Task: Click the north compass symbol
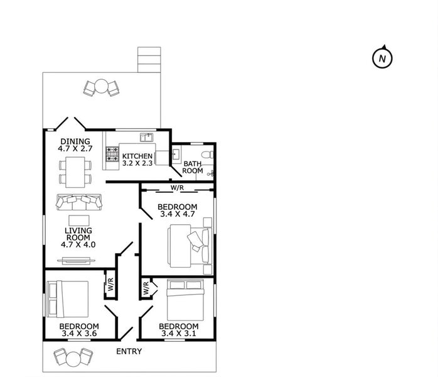(382, 58)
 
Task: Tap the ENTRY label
(129, 351)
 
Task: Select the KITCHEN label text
(137, 156)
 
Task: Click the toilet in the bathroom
(207, 155)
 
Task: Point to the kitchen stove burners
(112, 155)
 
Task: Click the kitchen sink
(146, 138)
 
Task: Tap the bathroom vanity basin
(176, 155)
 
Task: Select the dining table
(75, 172)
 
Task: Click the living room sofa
(79, 202)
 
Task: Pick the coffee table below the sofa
(79, 221)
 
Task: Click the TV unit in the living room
(77, 261)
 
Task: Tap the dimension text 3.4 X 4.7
(178, 214)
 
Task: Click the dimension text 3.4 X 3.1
(179, 334)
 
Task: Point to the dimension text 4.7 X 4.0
(78, 244)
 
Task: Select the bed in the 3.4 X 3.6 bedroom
(68, 299)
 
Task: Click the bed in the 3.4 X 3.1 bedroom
(185, 300)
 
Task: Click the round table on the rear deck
(101, 87)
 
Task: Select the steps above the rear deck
(149, 60)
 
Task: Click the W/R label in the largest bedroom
(178, 188)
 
